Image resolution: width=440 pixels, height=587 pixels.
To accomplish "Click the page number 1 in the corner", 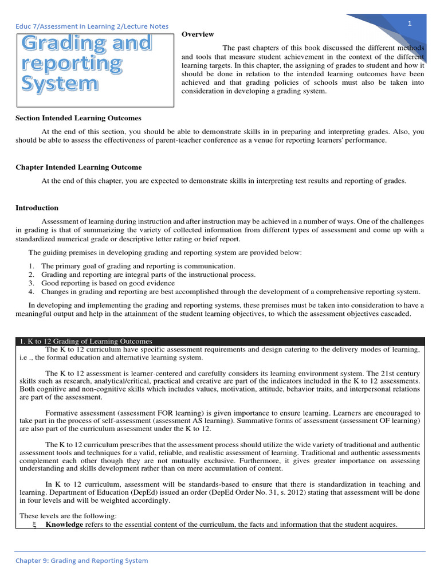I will [x=410, y=23].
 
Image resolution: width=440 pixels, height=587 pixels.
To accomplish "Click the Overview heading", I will [x=198, y=34].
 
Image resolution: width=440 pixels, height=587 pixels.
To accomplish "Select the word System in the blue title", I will [x=60, y=84].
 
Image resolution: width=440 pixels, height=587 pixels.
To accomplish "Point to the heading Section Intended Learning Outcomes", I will [x=78, y=118].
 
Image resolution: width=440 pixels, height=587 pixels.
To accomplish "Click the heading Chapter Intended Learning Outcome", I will [x=78, y=167].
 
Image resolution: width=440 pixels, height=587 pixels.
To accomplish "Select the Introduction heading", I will [x=37, y=208].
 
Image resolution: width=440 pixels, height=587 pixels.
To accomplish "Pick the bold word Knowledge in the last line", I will [x=64, y=525].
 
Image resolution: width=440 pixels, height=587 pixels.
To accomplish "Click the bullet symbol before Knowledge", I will [x=34, y=525].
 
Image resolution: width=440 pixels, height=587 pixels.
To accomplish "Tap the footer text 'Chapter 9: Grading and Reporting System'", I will [x=81, y=561].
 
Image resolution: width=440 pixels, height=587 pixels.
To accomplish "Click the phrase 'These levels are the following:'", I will [x=68, y=516].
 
